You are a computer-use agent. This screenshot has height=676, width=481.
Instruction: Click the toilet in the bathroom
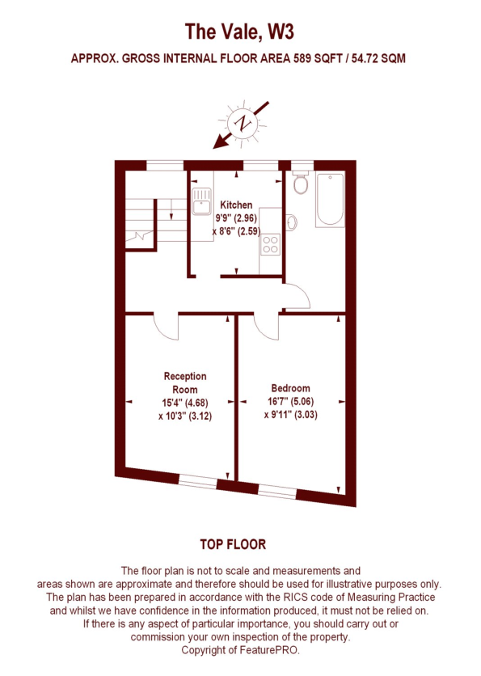pyautogui.click(x=302, y=184)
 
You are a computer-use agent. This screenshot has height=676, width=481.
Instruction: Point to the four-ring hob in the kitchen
pyautogui.click(x=271, y=245)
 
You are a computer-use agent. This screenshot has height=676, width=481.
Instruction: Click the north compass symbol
pyautogui.click(x=240, y=123)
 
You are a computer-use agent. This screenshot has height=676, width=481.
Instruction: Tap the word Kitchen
pyautogui.click(x=236, y=205)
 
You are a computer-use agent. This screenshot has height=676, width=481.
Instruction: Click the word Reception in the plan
pyautogui.click(x=185, y=376)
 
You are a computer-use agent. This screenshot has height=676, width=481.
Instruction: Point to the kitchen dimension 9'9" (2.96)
pyautogui.click(x=236, y=218)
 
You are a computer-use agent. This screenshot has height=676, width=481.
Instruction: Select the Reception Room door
pyautogui.click(x=167, y=326)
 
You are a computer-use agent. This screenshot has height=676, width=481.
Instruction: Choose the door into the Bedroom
pyautogui.click(x=265, y=326)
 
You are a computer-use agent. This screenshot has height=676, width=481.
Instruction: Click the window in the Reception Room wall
pyautogui.click(x=197, y=483)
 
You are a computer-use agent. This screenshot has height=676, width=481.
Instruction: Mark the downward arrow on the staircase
pyautogui.click(x=171, y=212)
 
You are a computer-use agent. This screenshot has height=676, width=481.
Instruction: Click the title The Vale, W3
pyautogui.click(x=239, y=32)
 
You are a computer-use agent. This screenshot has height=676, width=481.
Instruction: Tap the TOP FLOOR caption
pyautogui.click(x=239, y=543)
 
